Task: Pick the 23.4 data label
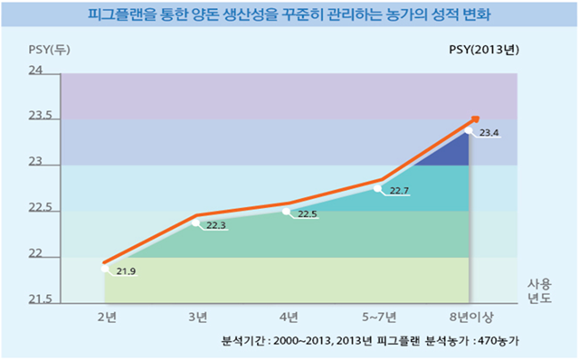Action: (x=489, y=134)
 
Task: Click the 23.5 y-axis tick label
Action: (x=39, y=117)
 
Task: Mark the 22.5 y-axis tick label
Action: (x=39, y=209)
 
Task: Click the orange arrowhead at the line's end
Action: (x=474, y=120)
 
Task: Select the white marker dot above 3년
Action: (x=195, y=222)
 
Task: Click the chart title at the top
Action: (x=289, y=15)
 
